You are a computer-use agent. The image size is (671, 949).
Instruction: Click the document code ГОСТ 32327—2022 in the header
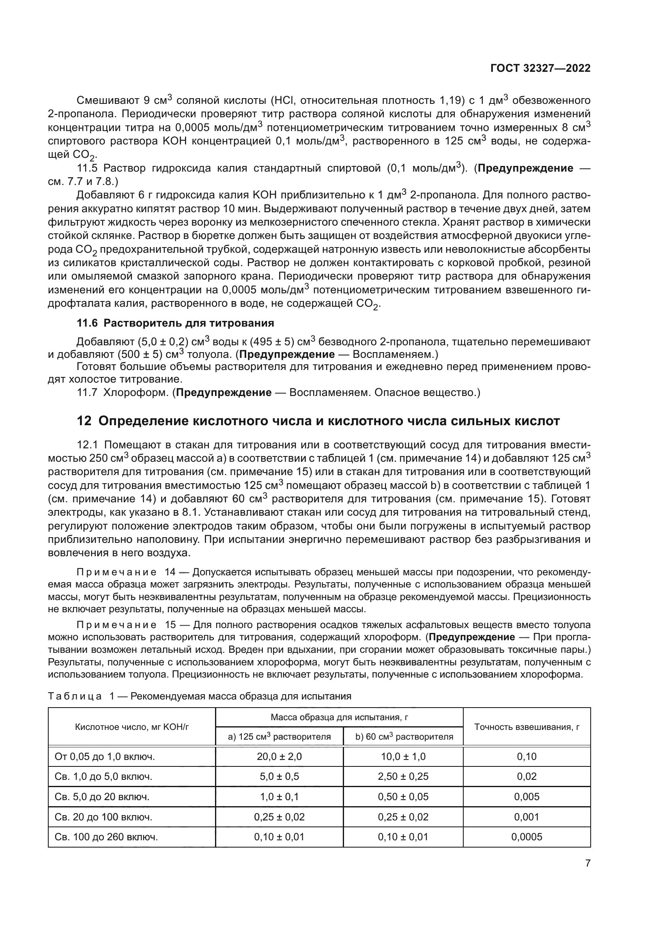coord(540,68)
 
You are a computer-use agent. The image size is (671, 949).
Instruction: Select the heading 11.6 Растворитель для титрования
coord(176,323)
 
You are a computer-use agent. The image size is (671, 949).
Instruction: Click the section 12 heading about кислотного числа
coord(318,421)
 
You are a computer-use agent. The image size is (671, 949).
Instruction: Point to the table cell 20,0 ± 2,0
coord(279,757)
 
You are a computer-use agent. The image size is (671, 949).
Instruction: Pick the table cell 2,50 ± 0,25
coord(403,777)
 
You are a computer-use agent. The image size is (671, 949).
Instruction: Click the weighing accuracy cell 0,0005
coord(527,837)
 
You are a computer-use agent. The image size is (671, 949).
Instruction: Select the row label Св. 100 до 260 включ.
coord(106,837)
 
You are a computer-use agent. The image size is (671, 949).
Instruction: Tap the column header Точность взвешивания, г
coord(527,727)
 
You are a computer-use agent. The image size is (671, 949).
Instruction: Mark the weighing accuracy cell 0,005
coord(527,797)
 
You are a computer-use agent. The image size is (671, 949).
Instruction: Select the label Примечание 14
coord(126,572)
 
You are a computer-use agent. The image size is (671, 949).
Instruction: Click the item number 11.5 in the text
coord(87,169)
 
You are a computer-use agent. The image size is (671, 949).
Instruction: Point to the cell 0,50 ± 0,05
coord(403,797)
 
